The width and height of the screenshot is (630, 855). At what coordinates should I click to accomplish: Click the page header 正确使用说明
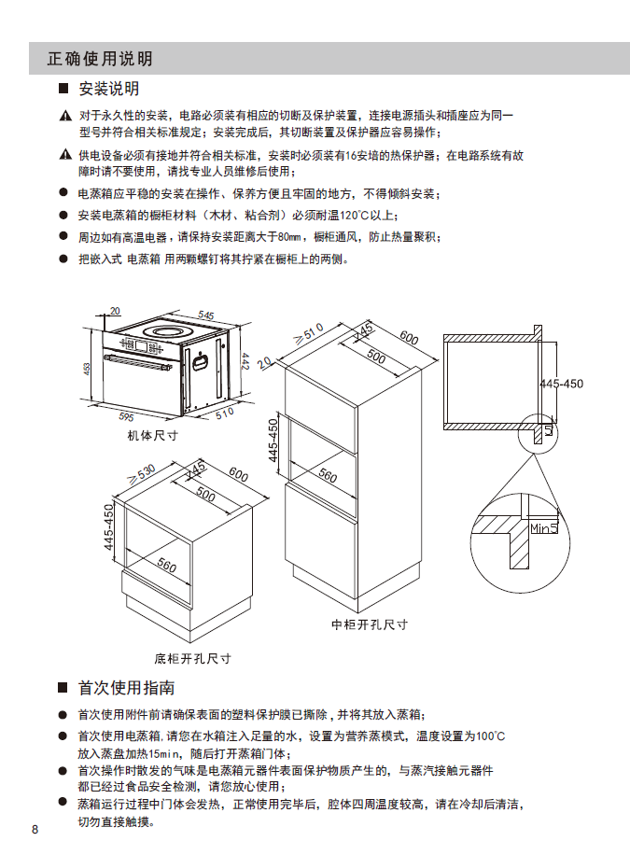click(x=100, y=59)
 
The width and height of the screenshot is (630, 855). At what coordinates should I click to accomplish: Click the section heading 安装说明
click(x=109, y=89)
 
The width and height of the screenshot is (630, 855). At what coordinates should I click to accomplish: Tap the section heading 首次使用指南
click(x=126, y=688)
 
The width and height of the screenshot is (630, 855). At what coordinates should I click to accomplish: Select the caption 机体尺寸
click(x=152, y=435)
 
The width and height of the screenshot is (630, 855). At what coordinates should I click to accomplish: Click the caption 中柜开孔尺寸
click(x=370, y=624)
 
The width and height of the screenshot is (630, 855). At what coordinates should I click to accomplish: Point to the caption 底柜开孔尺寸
click(x=192, y=658)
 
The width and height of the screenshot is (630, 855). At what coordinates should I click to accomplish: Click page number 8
click(x=35, y=830)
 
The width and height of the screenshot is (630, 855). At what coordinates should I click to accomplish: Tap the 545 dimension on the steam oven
click(x=206, y=315)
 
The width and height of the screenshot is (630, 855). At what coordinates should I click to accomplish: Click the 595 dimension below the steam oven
click(x=126, y=416)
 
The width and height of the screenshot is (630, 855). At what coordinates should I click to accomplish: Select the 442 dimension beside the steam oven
click(x=245, y=361)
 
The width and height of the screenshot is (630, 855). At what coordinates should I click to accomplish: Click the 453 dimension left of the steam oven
click(x=87, y=369)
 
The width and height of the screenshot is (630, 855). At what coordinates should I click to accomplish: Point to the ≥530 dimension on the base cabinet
click(x=142, y=473)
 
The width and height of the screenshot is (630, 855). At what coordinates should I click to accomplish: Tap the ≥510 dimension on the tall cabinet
click(x=309, y=333)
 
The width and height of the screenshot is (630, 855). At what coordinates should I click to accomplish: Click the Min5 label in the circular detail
click(x=544, y=527)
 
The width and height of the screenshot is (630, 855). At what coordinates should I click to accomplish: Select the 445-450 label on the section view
click(x=561, y=384)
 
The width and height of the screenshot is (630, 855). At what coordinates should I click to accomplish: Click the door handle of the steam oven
click(x=138, y=362)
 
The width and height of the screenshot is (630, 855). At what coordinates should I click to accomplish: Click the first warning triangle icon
click(x=65, y=116)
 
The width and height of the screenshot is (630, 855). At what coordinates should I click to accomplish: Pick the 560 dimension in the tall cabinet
click(x=328, y=475)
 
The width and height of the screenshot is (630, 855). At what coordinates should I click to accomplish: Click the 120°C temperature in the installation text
click(x=354, y=216)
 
